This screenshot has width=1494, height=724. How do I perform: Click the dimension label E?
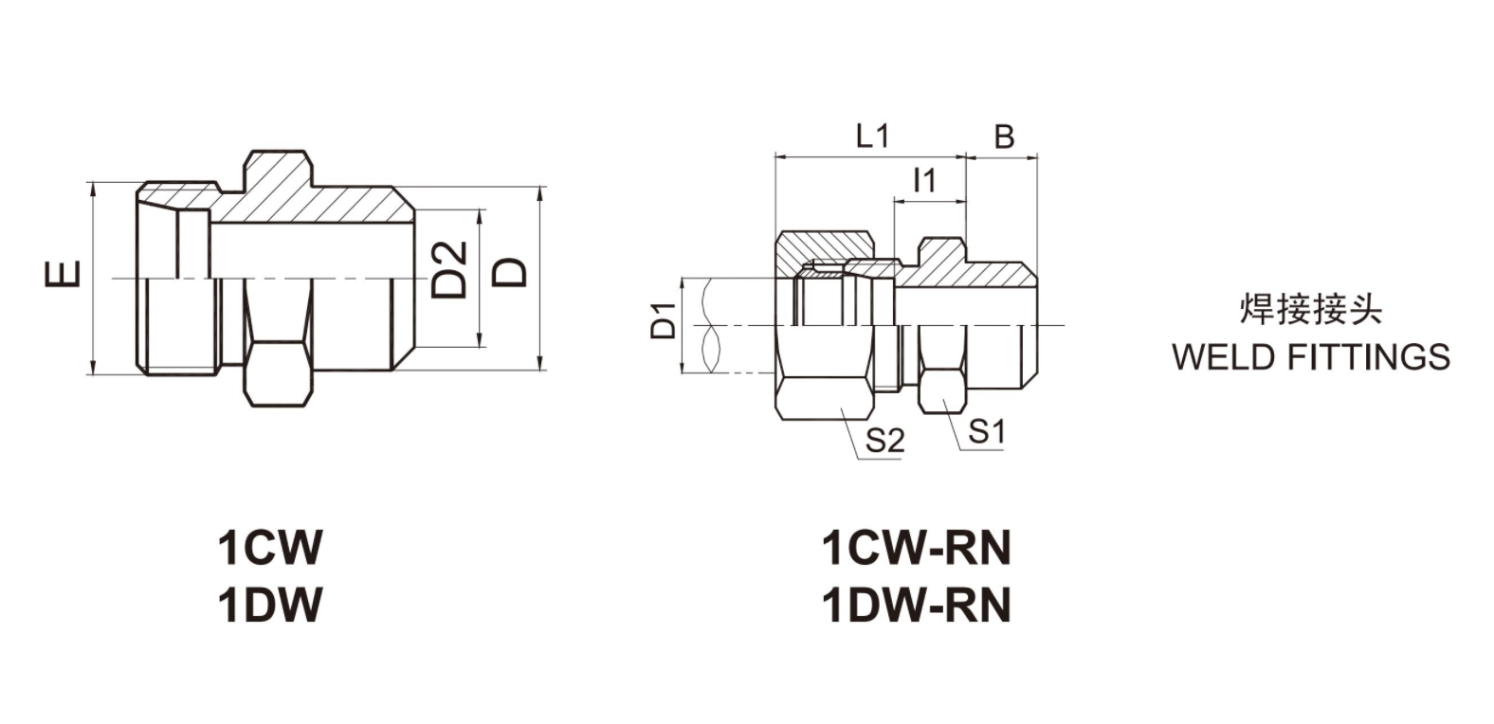click(x=63, y=275)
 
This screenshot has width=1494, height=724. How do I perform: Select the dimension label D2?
click(x=450, y=270)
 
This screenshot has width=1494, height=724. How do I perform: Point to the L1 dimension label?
click(x=871, y=136)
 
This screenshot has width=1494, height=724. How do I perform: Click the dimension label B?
click(x=1003, y=137)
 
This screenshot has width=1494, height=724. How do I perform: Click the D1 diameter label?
click(x=664, y=321)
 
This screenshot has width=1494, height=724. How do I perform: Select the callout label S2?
click(x=884, y=440)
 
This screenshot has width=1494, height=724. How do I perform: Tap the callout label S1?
click(x=986, y=432)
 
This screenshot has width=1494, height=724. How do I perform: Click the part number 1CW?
click(x=270, y=547)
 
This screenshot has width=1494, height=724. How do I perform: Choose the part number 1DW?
click(x=270, y=605)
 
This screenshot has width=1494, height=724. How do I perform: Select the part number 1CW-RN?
click(x=916, y=547)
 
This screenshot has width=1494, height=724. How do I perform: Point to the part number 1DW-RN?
click(x=916, y=605)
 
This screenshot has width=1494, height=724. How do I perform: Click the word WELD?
click(x=1223, y=357)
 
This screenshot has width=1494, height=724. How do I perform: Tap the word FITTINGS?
click(x=1367, y=357)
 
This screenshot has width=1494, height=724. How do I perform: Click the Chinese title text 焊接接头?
click(x=1311, y=310)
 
